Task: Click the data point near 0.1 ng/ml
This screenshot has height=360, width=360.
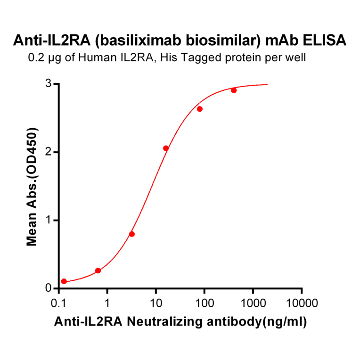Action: click(x=64, y=281)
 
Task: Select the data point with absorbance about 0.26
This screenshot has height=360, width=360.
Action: click(x=98, y=270)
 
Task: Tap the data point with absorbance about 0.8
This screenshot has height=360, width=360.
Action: click(x=132, y=234)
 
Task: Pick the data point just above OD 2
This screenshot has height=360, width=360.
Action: click(x=166, y=148)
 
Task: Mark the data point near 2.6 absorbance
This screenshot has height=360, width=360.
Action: click(x=200, y=109)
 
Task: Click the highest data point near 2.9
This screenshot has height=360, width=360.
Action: click(x=234, y=90)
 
